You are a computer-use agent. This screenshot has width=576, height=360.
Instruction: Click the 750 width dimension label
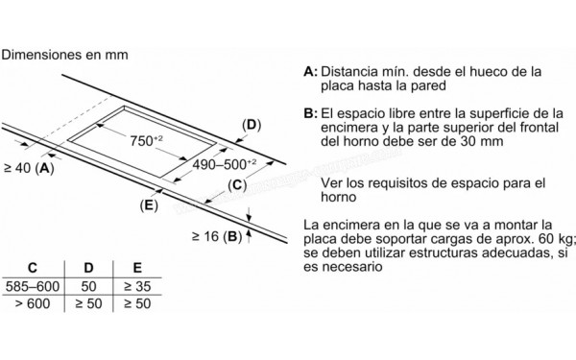[x=149, y=141]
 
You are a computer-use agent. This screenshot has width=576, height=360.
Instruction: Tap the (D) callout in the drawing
[x=252, y=125]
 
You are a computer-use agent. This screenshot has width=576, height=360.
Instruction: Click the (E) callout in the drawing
[x=148, y=205]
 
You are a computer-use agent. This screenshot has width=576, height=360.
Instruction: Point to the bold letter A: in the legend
[x=309, y=72]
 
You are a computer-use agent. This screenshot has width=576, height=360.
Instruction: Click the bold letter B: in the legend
[x=309, y=113]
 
